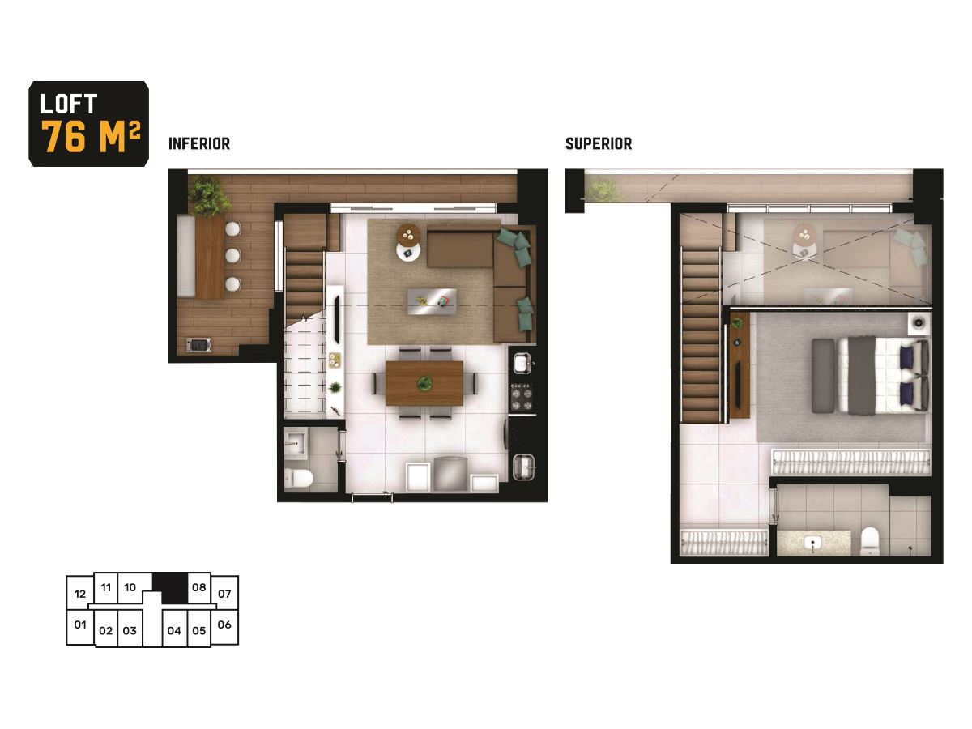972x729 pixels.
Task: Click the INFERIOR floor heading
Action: [x=199, y=144]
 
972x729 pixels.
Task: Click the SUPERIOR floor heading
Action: [x=599, y=144]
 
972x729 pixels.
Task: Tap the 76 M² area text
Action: [x=92, y=136]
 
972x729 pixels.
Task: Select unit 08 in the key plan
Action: [x=198, y=587]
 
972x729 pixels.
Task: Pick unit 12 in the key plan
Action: [x=79, y=594]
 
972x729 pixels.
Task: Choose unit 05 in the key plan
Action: [x=198, y=630]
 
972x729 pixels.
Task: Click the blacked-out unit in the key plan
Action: [x=173, y=588]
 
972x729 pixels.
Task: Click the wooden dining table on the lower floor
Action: [x=424, y=383]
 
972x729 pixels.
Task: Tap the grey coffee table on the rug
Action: [x=432, y=301]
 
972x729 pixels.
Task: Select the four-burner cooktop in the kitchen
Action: [x=522, y=397]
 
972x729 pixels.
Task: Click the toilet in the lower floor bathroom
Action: [x=298, y=478]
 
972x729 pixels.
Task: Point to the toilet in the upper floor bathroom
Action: [x=870, y=541]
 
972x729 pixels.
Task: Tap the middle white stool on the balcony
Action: [x=232, y=255]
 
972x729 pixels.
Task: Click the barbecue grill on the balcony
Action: [x=198, y=344]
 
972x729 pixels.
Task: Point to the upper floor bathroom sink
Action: [x=812, y=542]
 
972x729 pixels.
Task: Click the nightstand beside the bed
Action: [x=918, y=323]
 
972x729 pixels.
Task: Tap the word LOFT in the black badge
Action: [x=69, y=104]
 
